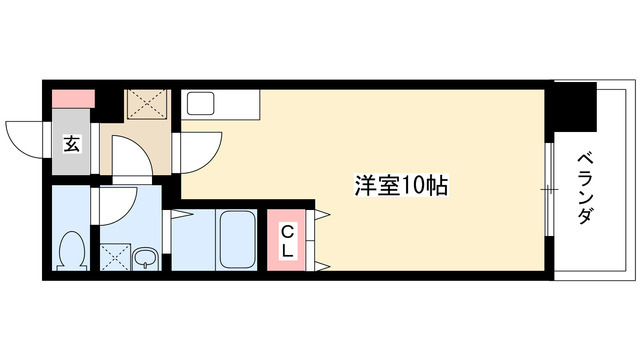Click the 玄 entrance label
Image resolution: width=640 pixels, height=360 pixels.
72,143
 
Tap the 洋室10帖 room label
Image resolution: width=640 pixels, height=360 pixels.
399,184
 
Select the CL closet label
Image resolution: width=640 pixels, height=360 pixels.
287,241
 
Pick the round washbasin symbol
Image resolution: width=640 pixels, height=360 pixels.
146,259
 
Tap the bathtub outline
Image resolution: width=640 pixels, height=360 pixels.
236,240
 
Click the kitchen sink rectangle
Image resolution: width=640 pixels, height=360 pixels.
197,103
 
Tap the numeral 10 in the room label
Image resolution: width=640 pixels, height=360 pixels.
418,184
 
